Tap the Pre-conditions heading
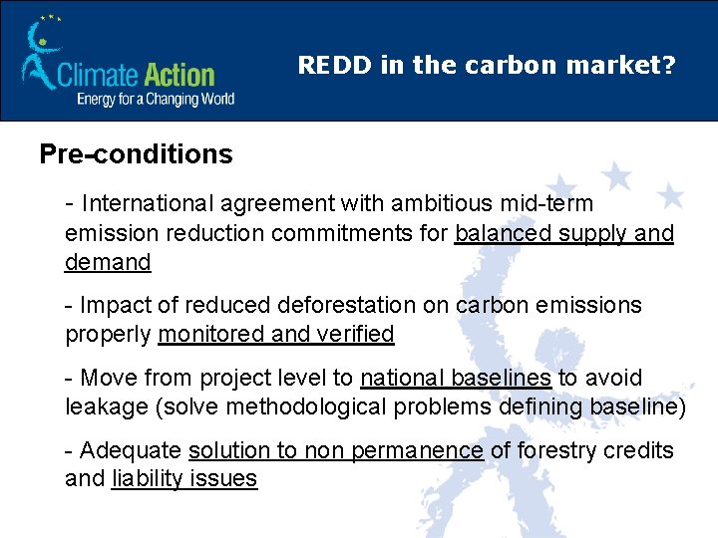click(136, 154)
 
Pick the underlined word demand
click(108, 263)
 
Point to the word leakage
click(103, 407)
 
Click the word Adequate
click(131, 450)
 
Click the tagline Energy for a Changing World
click(156, 99)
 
